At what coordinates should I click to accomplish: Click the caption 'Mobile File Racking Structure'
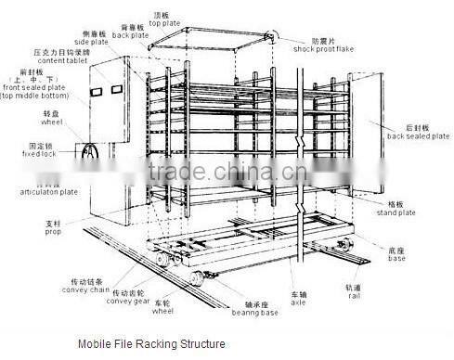[x=151, y=343]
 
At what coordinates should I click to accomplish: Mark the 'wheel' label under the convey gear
[x=164, y=314]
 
